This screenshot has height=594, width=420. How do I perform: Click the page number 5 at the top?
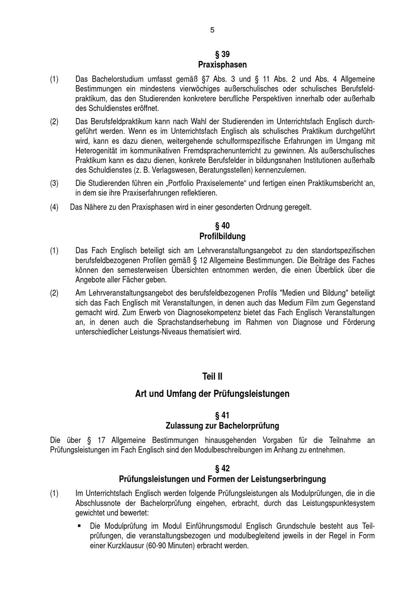(x=212, y=30)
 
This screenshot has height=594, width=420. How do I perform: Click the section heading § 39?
(x=222, y=54)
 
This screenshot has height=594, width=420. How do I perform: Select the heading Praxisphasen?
(x=222, y=65)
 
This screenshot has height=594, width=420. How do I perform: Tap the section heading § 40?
(x=222, y=226)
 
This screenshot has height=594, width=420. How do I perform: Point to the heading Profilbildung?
(x=222, y=236)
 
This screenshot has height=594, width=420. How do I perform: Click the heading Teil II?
(x=212, y=376)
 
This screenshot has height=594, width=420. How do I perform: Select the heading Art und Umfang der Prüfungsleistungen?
(x=212, y=394)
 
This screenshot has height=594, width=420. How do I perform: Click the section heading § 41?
(x=222, y=415)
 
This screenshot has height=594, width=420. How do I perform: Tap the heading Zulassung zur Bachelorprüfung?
(x=222, y=426)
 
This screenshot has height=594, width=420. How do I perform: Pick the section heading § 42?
(x=222, y=468)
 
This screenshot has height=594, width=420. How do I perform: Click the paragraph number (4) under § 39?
(x=55, y=207)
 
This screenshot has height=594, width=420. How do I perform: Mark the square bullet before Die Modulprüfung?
(x=79, y=526)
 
